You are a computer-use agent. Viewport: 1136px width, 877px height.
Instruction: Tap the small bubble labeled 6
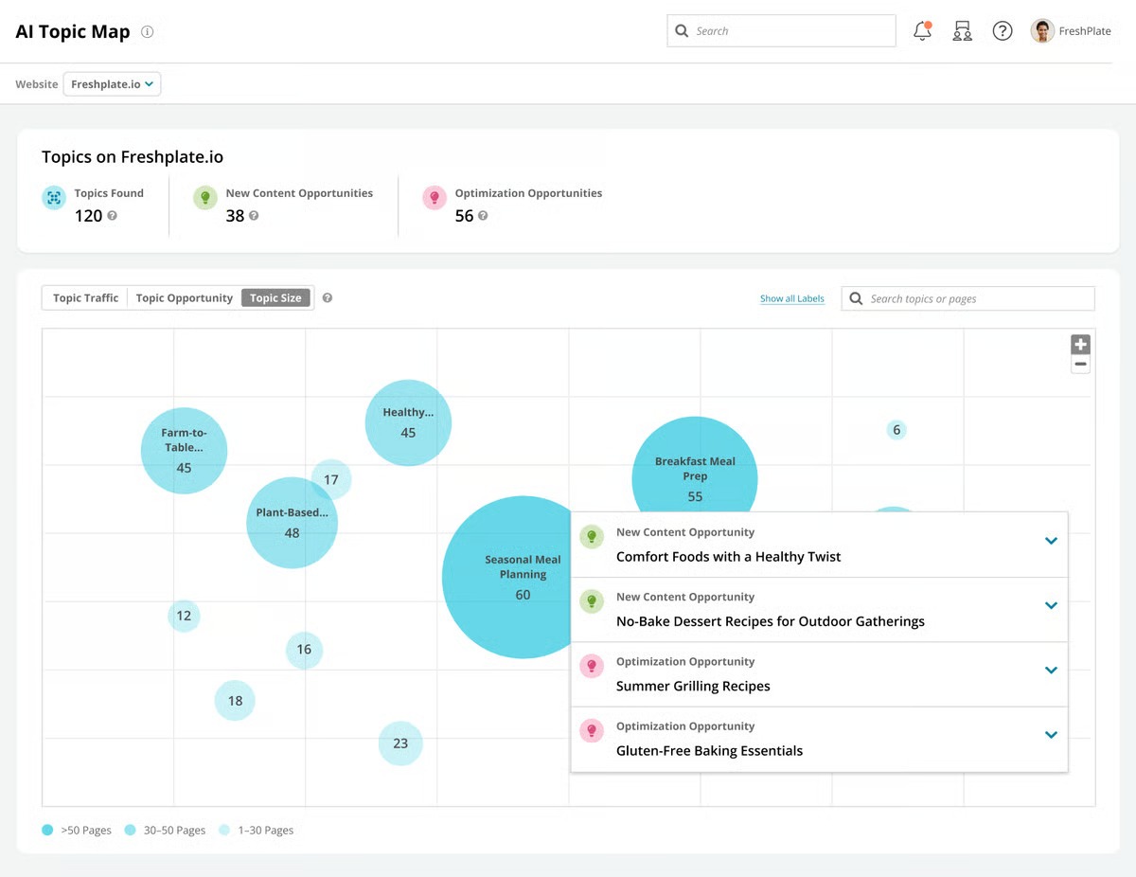[896, 430]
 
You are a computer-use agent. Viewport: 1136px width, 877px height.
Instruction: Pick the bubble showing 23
[400, 743]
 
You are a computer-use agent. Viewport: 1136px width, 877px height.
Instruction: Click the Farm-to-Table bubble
[184, 451]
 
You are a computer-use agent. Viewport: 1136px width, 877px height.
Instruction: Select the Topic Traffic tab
[85, 298]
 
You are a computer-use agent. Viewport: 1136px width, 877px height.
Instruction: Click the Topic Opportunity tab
[184, 298]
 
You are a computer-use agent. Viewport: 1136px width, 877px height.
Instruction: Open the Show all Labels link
[791, 299]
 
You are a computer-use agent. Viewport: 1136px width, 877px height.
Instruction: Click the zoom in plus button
[1080, 345]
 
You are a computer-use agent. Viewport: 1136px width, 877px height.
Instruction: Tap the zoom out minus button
[1080, 365]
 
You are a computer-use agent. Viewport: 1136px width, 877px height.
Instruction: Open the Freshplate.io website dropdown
[112, 84]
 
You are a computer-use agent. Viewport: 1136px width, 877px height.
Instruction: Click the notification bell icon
[922, 31]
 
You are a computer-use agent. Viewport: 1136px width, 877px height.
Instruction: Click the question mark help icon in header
[1002, 31]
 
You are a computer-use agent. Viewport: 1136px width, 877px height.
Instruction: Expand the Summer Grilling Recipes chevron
[1050, 671]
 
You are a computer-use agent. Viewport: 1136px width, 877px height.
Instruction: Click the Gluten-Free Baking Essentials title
[709, 751]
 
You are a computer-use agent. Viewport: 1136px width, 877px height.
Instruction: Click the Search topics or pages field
[975, 299]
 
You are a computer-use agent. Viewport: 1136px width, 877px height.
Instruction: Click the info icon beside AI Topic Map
[147, 31]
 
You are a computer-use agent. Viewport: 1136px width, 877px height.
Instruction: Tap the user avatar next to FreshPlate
[1042, 31]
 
